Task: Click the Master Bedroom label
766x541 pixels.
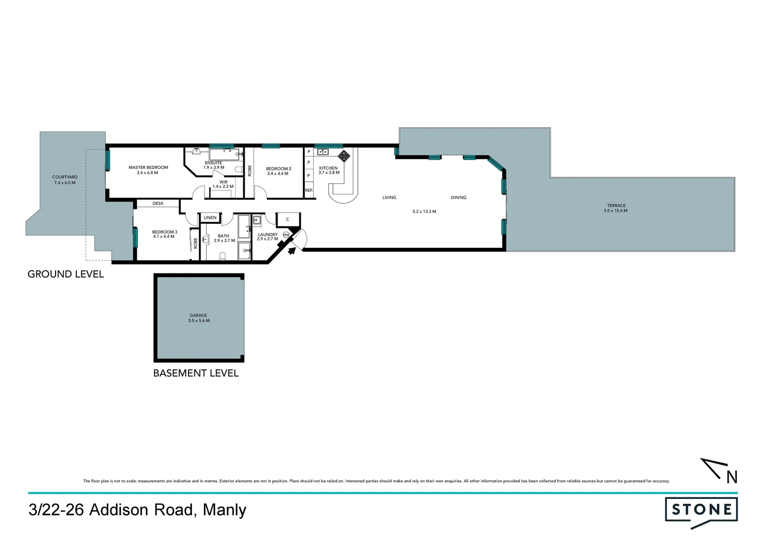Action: (x=148, y=167)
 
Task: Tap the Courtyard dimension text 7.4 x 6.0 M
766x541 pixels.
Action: (x=65, y=183)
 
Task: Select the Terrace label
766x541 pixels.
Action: (x=616, y=205)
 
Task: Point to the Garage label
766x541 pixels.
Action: (x=198, y=315)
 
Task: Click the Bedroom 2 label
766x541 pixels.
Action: (x=278, y=169)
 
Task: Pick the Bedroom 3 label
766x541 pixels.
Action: (x=164, y=232)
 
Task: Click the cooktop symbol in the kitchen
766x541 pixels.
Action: (x=343, y=154)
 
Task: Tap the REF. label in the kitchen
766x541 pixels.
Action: (x=309, y=190)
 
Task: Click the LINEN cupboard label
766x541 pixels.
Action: (x=210, y=217)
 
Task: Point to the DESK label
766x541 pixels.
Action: (x=158, y=203)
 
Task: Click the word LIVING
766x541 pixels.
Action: (x=389, y=197)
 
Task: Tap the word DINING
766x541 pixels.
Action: (x=458, y=197)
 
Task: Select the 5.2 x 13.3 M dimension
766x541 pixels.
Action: (x=424, y=211)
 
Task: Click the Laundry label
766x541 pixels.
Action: (x=267, y=234)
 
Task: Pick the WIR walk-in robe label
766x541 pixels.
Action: (x=223, y=182)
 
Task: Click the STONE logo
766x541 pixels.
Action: (x=701, y=510)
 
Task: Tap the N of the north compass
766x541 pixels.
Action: (x=732, y=477)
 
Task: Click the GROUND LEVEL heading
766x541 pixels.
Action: (x=66, y=274)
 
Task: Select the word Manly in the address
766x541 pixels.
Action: (x=224, y=510)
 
